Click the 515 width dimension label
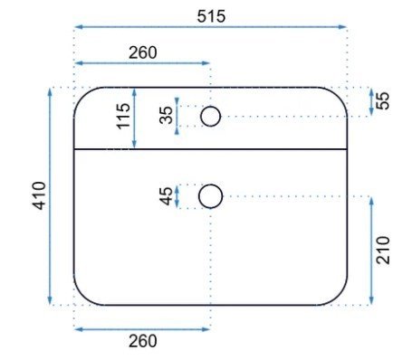[x=211, y=16]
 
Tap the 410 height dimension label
[x=40, y=195]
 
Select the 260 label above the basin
[x=143, y=52]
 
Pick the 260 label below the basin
[x=143, y=341]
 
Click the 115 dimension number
[x=124, y=116]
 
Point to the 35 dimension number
[x=167, y=116]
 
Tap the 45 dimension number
[x=167, y=196]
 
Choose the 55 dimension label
[x=383, y=100]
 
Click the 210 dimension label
[x=383, y=251]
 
